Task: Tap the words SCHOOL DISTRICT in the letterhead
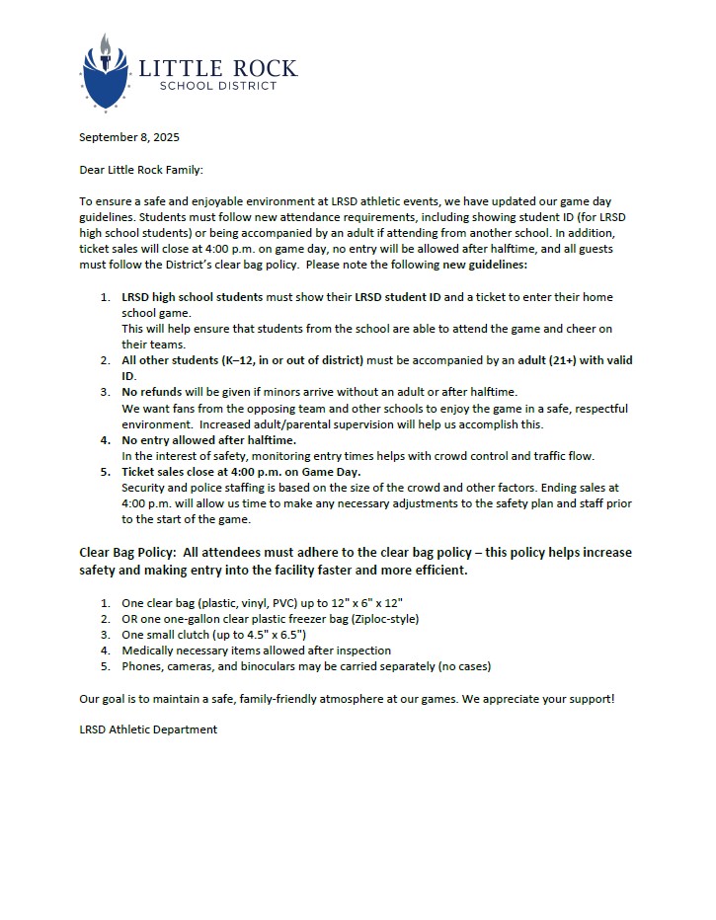coord(218,86)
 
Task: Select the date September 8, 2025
coord(129,137)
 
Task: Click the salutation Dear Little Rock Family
coord(140,170)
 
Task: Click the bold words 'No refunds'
coord(152,392)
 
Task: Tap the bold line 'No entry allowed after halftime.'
coord(208,439)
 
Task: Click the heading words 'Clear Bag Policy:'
coord(125,552)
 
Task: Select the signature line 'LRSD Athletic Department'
coord(148,729)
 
